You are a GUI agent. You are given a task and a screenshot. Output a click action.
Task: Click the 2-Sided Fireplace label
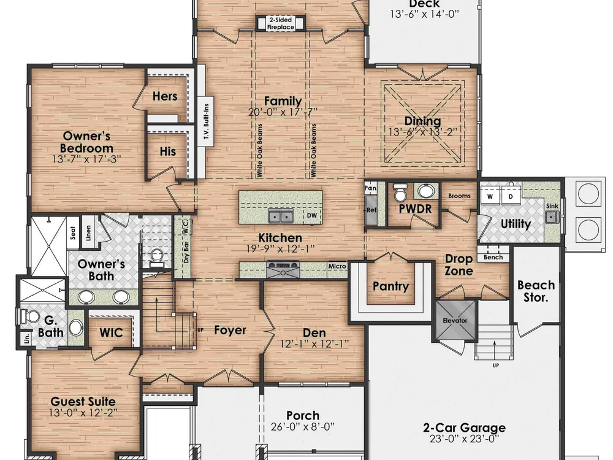click(x=281, y=23)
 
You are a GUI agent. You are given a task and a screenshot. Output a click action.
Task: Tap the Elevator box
click(x=455, y=320)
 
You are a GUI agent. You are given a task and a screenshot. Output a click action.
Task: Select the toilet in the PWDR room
click(x=400, y=193)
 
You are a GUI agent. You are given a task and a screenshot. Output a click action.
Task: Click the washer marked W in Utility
click(x=490, y=196)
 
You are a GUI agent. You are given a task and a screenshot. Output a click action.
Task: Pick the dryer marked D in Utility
click(x=511, y=196)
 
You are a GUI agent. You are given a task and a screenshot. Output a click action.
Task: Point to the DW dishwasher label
click(x=311, y=215)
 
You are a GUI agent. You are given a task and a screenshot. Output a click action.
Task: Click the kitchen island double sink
click(x=280, y=215)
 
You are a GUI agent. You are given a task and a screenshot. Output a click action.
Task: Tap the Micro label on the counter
click(x=337, y=266)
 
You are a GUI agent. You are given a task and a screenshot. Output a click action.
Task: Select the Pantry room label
click(x=390, y=286)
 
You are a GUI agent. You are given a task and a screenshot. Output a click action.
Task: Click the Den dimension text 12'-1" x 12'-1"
click(x=314, y=344)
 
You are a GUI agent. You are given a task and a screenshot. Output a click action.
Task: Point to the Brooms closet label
click(x=459, y=196)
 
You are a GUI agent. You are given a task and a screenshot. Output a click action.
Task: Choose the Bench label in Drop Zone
click(x=493, y=257)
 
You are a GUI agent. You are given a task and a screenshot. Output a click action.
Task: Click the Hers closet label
click(x=164, y=96)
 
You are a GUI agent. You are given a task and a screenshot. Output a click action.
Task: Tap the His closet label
click(x=168, y=151)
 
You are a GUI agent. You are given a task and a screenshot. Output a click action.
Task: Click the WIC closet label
click(x=111, y=332)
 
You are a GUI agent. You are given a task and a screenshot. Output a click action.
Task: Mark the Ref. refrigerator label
click(x=371, y=210)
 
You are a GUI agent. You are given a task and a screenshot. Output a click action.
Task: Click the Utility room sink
click(x=552, y=217)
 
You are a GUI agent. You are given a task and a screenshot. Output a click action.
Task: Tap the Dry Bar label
click(x=186, y=253)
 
